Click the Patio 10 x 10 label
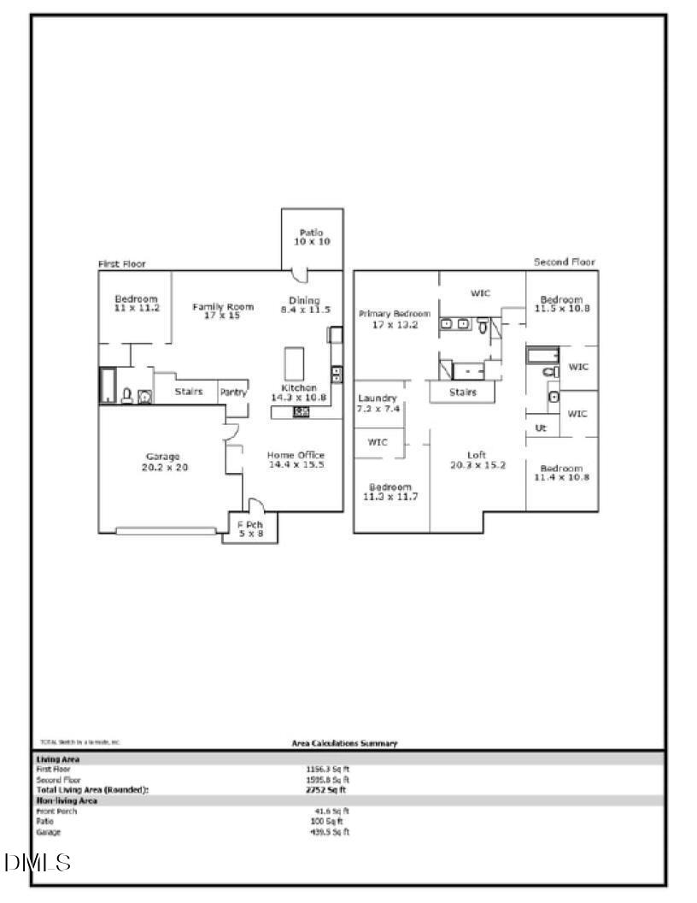312,237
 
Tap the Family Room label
223,310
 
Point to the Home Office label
296,459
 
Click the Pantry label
233,392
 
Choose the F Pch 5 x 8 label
249,529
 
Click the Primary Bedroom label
395,319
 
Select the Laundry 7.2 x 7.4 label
377,404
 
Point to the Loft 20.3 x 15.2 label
477,459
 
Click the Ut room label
541,428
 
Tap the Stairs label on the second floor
462,392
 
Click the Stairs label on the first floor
188,392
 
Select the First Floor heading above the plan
122,264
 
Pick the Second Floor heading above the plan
565,262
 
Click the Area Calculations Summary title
344,743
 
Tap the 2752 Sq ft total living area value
328,790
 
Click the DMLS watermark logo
37,863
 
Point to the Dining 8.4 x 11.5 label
305,304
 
